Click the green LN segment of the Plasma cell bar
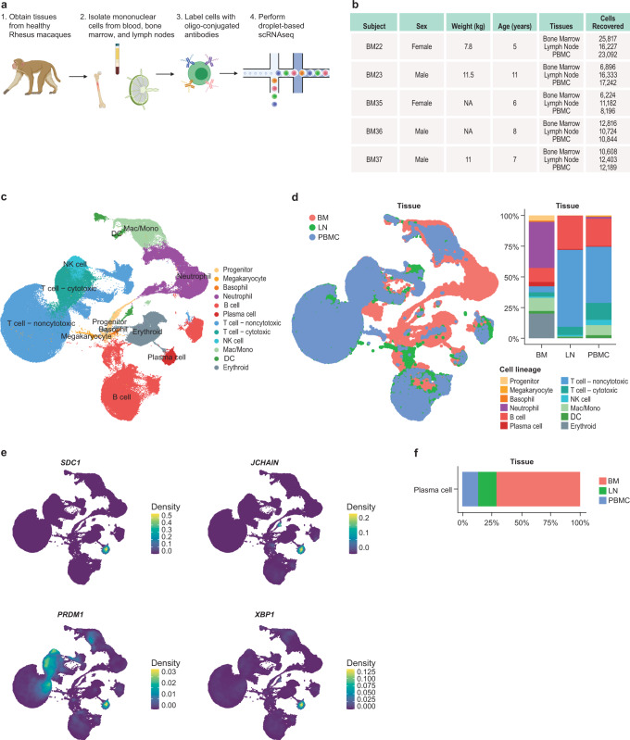pyautogui.click(x=487, y=489)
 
